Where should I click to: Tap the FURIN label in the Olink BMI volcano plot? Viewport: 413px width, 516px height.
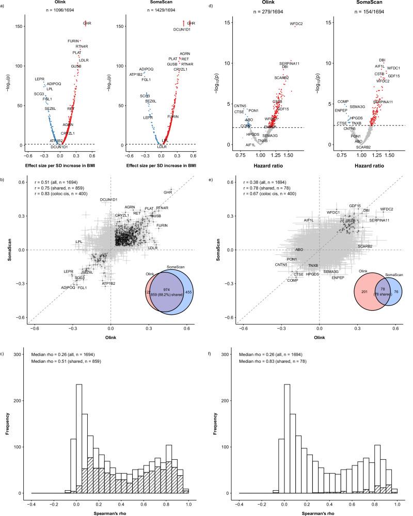pyautogui.click(x=73, y=41)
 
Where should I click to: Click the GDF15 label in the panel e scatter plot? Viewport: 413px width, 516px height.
pyautogui.click(x=355, y=205)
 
